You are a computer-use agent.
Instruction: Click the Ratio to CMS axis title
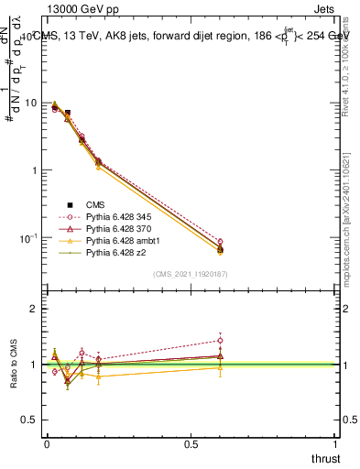pyautogui.click(x=12, y=365)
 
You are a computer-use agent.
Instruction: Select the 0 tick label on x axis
pyautogui.click(x=47, y=443)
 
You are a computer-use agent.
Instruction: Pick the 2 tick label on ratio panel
pyautogui.click(x=34, y=309)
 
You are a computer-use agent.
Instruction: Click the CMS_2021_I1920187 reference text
pyautogui.click(x=190, y=274)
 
